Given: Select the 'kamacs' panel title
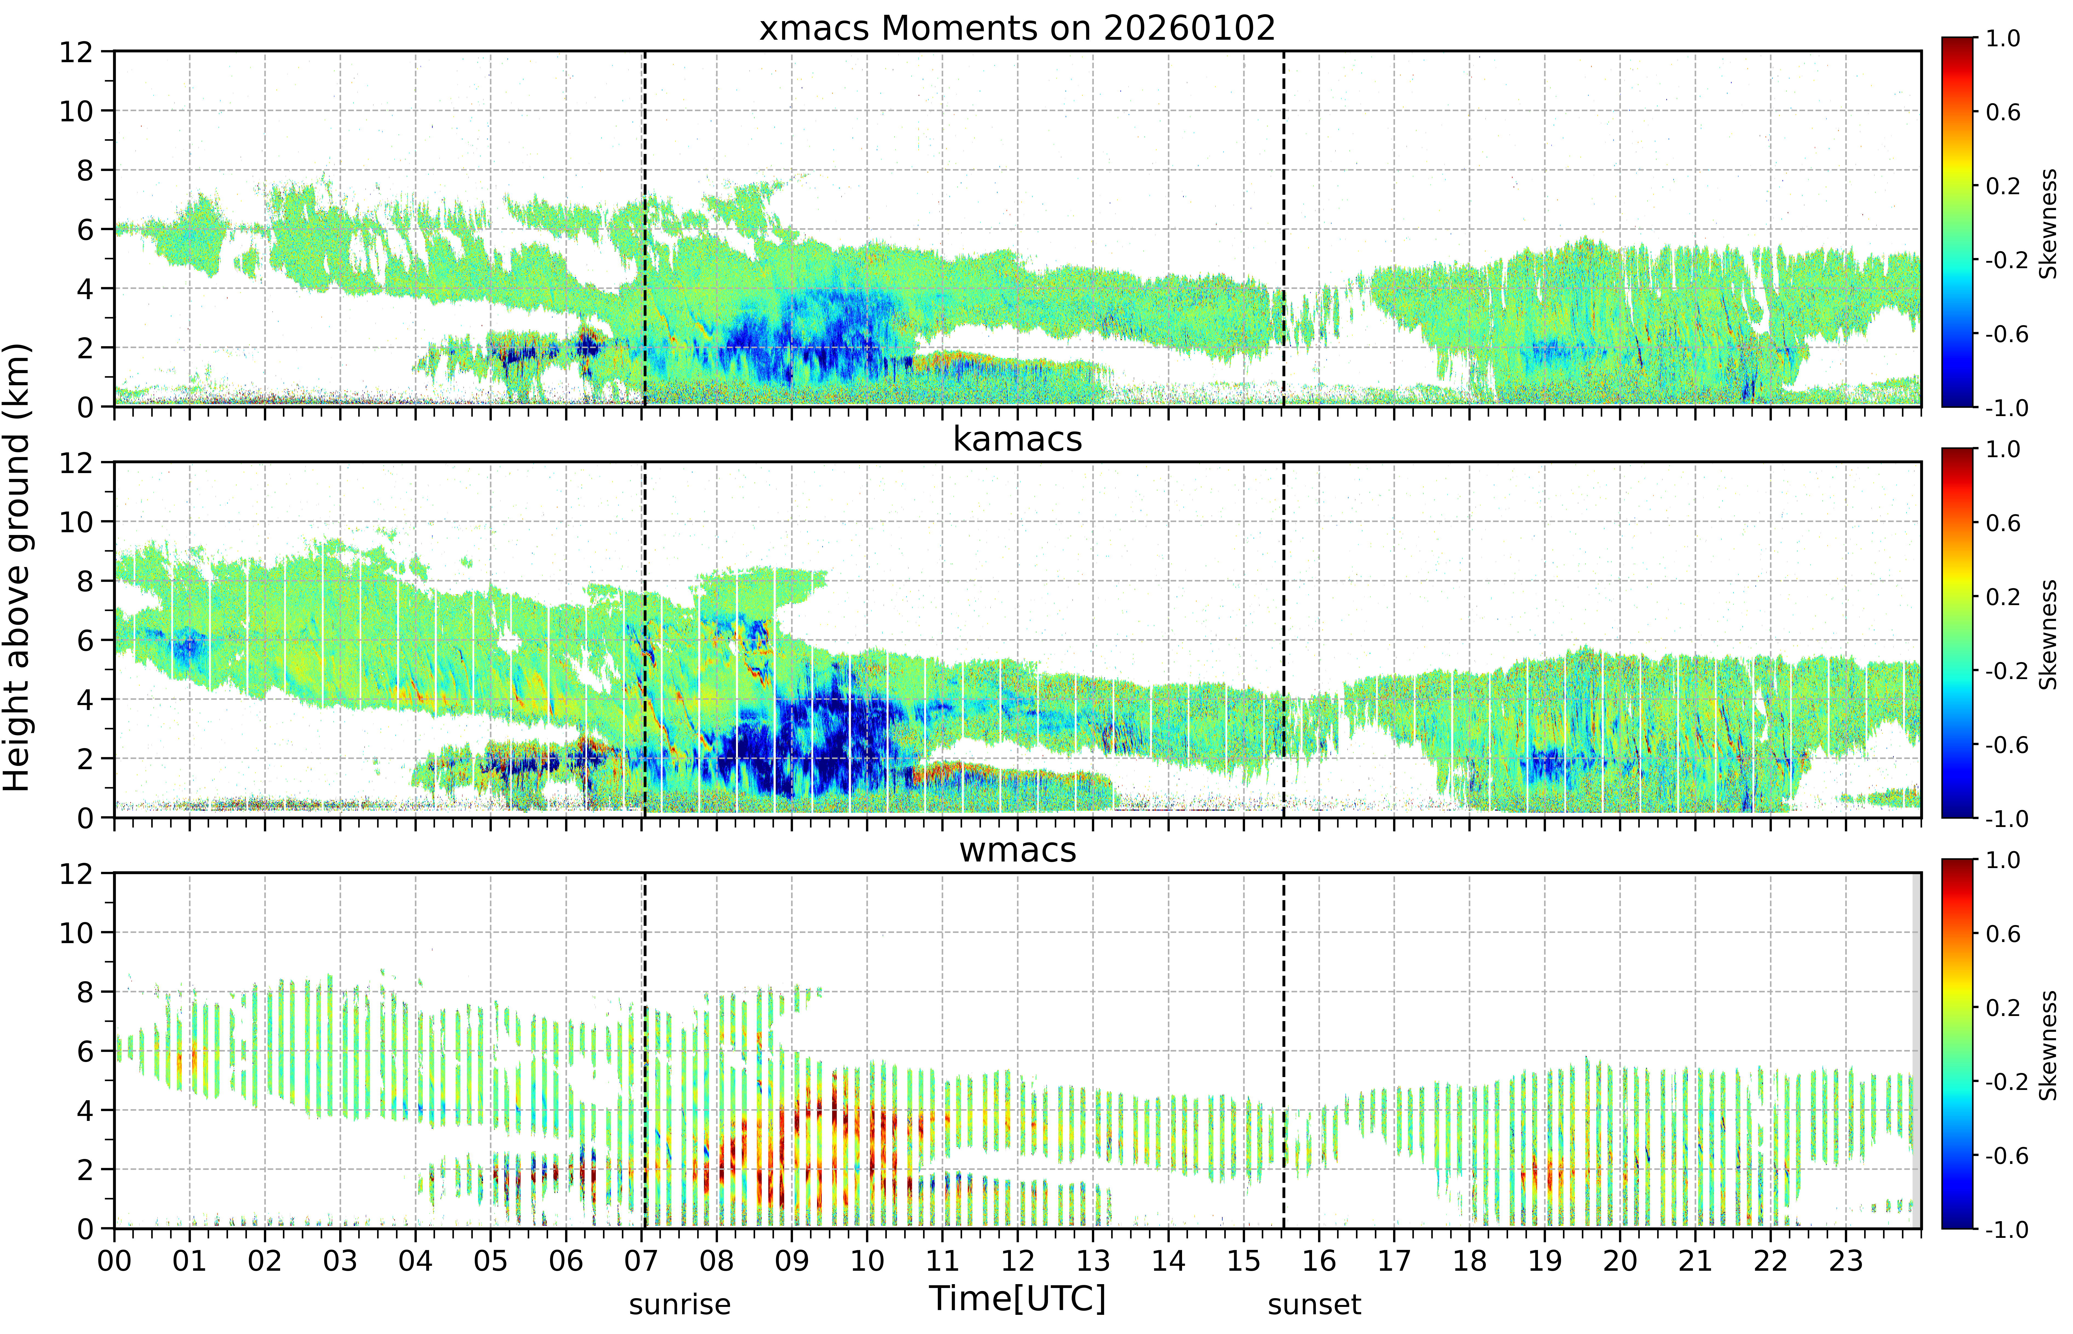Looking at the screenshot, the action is click(x=1017, y=439).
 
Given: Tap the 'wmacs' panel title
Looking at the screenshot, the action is click(x=1017, y=850).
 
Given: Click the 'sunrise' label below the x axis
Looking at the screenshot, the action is click(x=680, y=1304).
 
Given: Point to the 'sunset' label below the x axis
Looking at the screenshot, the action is click(x=1315, y=1304).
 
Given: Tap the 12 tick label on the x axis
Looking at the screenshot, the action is click(x=1017, y=1260).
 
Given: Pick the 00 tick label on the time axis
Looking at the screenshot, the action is click(x=114, y=1260).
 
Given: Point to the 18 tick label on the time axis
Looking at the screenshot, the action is click(x=1470, y=1260).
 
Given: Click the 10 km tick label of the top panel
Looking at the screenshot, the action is click(x=76, y=111).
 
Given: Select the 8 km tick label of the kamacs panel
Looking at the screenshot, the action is click(x=85, y=581).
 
